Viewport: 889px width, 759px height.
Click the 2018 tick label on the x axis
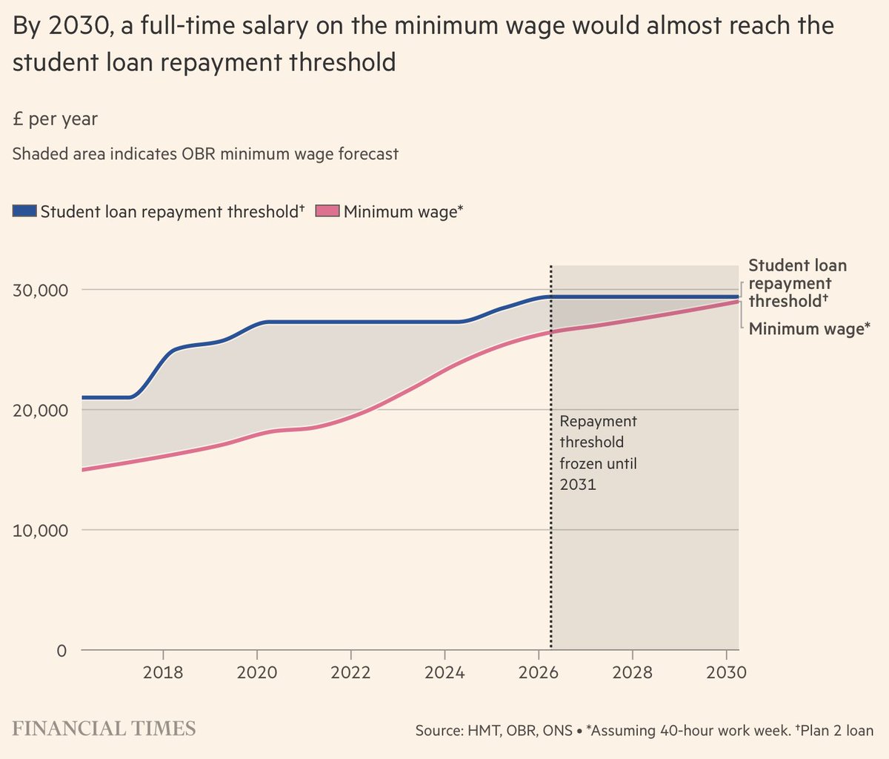163,672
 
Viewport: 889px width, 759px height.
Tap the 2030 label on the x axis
727,672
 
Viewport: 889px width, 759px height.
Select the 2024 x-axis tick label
444,672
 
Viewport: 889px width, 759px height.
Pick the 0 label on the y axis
61,651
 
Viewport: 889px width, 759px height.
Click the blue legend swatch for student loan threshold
24,212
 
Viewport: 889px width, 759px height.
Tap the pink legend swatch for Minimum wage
328,212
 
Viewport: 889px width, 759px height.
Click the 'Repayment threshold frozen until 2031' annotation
598,453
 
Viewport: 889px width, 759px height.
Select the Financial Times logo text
104,728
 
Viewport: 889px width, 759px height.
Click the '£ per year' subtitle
55,119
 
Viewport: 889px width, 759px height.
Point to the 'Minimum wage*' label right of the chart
809,328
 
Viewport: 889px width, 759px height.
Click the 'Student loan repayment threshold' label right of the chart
797,283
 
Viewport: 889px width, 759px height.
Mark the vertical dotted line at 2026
550,460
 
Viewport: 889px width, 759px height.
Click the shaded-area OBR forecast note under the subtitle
205,154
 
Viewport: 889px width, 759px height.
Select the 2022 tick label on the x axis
350,672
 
